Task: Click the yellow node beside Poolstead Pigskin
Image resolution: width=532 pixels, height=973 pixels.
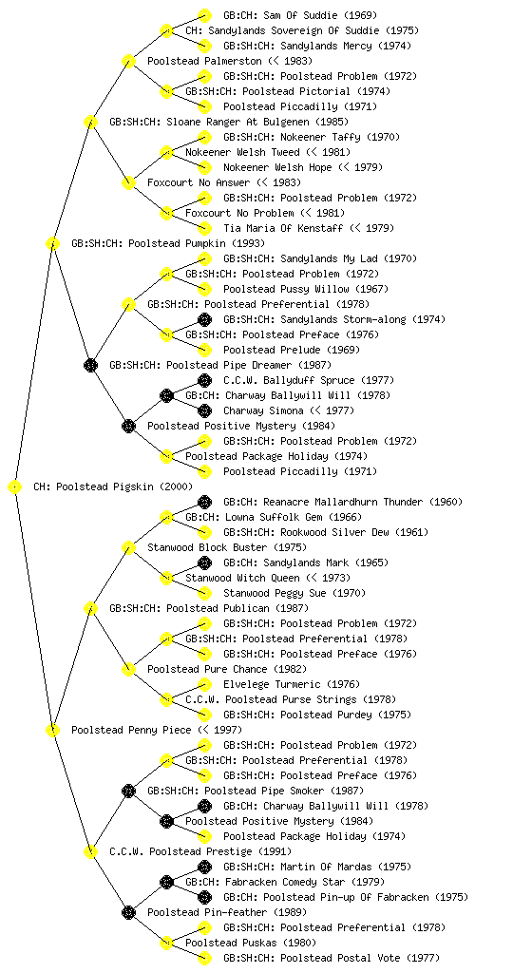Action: (x=15, y=487)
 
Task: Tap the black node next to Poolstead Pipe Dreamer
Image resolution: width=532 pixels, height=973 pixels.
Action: (x=90, y=366)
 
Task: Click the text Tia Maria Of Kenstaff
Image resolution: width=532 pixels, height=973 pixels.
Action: (x=283, y=228)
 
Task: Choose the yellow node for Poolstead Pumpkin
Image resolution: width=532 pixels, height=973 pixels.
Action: (x=52, y=244)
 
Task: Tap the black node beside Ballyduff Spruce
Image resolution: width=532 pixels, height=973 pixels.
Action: (x=204, y=380)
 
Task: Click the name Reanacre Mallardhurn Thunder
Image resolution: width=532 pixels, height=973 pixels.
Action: (x=344, y=502)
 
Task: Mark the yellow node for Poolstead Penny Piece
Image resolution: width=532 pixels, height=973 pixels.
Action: (x=52, y=731)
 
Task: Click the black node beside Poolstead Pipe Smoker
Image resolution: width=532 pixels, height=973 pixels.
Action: (x=128, y=792)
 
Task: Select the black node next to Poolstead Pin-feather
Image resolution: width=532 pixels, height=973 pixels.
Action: (x=128, y=913)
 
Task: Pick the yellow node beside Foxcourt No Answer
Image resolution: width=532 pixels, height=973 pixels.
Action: (x=128, y=183)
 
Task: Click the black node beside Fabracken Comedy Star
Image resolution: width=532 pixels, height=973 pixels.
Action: (x=166, y=883)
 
